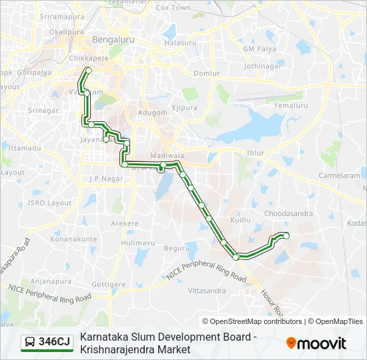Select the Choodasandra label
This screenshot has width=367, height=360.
pyautogui.click(x=289, y=214)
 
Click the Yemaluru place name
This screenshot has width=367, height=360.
pyautogui.click(x=290, y=105)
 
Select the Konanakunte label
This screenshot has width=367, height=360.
pyautogui.click(x=73, y=239)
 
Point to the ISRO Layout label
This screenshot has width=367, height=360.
pyautogui.click(x=49, y=203)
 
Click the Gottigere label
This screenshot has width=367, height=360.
pyautogui.click(x=108, y=284)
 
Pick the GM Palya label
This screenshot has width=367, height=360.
pyautogui.click(x=259, y=49)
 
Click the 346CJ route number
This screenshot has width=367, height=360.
pyautogui.click(x=55, y=342)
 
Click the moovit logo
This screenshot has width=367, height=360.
pyautogui.click(x=316, y=343)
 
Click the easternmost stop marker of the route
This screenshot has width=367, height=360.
pyautogui.click(x=286, y=235)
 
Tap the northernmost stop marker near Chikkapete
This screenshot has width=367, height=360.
pyautogui.click(x=88, y=70)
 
